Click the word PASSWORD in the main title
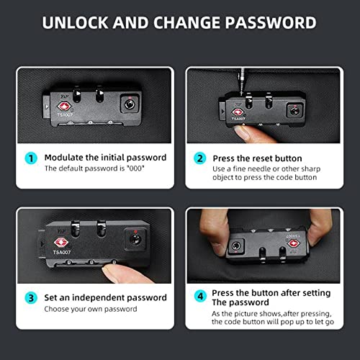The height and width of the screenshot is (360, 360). point(271,23)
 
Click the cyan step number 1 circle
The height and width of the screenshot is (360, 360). point(31,158)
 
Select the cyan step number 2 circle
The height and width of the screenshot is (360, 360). point(200,158)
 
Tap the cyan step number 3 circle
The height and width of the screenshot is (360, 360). point(31,298)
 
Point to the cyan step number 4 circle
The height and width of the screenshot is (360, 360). point(200,296)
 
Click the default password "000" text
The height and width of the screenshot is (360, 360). point(135,168)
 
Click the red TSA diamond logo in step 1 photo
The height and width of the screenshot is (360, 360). point(64,106)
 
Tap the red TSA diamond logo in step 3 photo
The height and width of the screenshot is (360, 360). point(61,242)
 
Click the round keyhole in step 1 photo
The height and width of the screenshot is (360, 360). point(130,104)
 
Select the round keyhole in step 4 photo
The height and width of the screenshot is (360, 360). point(235,246)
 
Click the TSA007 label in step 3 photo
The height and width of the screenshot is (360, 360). point(62,252)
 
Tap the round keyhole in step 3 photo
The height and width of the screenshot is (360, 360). point(135,239)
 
